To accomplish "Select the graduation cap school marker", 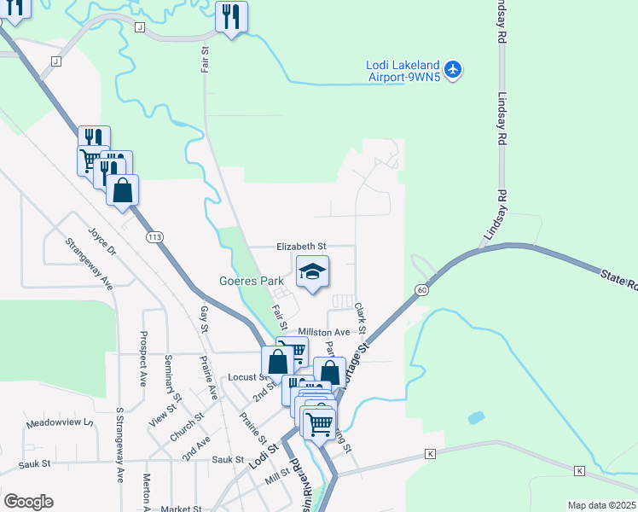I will [313, 272].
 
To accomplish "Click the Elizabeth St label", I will [301, 246].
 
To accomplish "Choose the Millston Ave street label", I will [324, 332].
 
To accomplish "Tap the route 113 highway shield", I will [154, 236].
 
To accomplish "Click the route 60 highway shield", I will [421, 290].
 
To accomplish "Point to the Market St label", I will [180, 509].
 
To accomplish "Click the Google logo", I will [28, 502].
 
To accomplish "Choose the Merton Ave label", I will [147, 491].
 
